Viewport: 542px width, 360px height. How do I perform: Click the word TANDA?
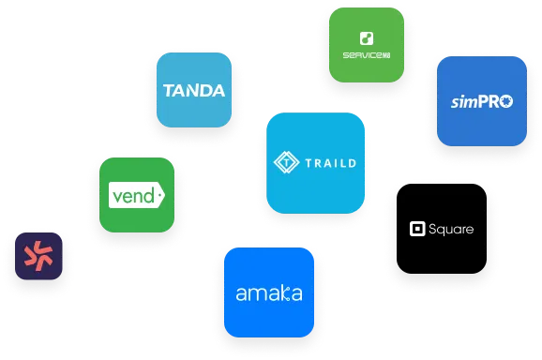click(x=193, y=91)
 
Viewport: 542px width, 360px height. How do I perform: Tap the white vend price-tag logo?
click(x=137, y=196)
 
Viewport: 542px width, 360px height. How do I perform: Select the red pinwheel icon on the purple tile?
click(x=39, y=256)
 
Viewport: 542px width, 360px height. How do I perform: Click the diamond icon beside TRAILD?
click(x=284, y=163)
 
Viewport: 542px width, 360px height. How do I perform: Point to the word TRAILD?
click(x=330, y=163)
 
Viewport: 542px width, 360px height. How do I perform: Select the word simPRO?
click(x=481, y=101)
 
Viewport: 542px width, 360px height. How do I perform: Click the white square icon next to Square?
click(x=418, y=229)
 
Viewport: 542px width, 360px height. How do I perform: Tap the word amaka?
click(x=268, y=293)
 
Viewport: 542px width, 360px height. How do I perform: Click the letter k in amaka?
click(x=280, y=292)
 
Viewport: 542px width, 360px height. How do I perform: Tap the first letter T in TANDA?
click(x=168, y=91)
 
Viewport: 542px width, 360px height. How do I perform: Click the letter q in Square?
click(x=444, y=231)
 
